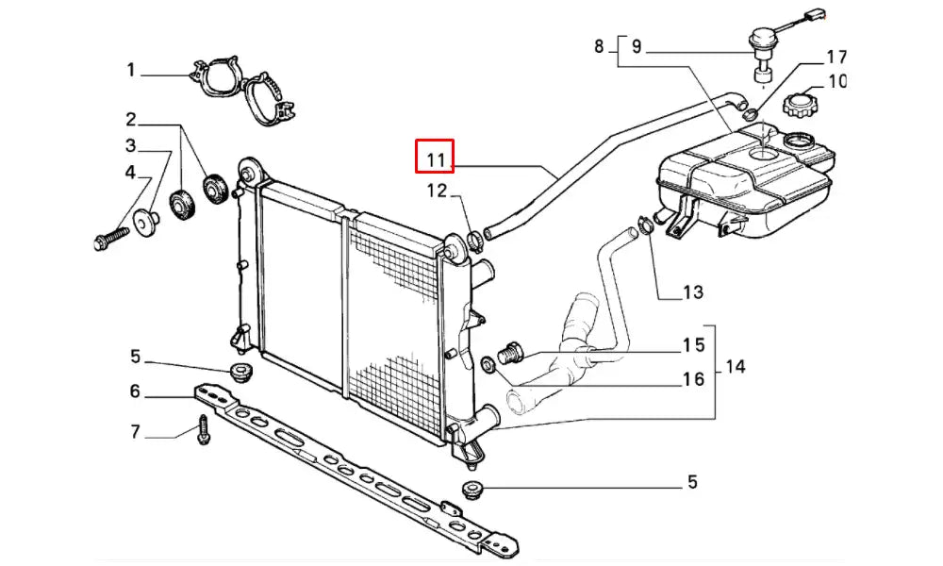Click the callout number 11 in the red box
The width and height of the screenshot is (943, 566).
point(436,160)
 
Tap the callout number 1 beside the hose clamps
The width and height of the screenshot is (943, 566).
point(131,71)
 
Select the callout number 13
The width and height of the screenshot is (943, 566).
point(693,292)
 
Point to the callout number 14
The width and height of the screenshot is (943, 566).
point(735,366)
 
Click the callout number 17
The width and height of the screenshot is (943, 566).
point(836,58)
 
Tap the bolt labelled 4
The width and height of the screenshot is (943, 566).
point(112,238)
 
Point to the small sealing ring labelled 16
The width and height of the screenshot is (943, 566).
point(488,363)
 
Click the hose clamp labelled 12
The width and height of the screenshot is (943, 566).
point(473,241)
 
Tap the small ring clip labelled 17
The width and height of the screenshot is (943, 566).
point(750,112)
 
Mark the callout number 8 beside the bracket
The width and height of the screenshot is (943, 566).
point(599,46)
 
